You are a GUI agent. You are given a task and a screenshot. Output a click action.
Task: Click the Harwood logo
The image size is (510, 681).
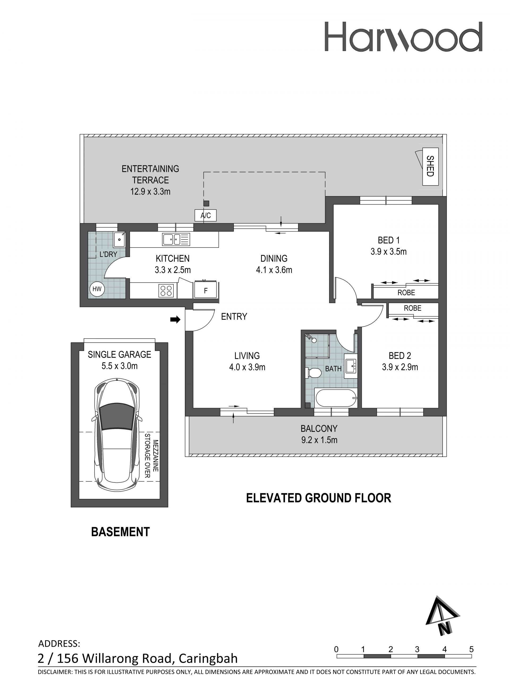(x=403, y=37)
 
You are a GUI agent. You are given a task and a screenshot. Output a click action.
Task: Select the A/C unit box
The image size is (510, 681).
(x=206, y=215)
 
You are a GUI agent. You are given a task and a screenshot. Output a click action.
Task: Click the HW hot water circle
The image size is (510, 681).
(x=97, y=289)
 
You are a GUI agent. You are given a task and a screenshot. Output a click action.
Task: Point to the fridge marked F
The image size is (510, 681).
(x=206, y=290)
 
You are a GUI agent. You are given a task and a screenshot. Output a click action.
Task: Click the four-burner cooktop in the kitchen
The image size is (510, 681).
(x=166, y=291)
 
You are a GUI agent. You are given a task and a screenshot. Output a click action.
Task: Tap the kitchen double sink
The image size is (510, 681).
(x=176, y=239)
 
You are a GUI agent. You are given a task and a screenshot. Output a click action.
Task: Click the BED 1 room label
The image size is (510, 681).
(x=389, y=240)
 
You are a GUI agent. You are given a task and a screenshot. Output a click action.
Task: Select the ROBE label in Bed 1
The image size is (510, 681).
(x=406, y=292)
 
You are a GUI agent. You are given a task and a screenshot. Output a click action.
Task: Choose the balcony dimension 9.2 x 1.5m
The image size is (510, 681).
(x=319, y=440)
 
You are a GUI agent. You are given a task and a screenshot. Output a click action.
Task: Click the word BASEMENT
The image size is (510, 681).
(x=120, y=532)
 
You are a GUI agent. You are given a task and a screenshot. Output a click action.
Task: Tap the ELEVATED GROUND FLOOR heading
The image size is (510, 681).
(x=319, y=498)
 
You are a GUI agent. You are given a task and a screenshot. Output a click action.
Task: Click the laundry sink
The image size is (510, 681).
(x=119, y=239)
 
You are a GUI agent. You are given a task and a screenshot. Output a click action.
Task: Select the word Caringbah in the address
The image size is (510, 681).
(x=208, y=658)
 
